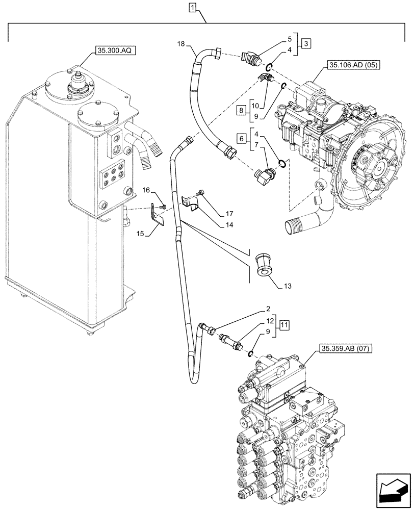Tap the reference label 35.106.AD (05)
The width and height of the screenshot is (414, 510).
click(353, 65)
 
